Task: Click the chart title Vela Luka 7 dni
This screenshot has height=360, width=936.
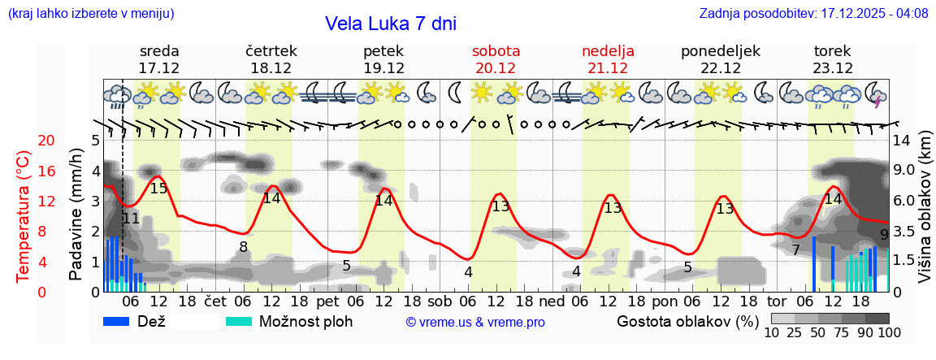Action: click(x=390, y=24)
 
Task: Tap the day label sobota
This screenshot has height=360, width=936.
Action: click(x=496, y=51)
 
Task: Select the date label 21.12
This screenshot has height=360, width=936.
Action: click(x=608, y=68)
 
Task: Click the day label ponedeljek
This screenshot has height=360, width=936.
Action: click(x=720, y=51)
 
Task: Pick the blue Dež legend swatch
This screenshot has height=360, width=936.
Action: click(x=122, y=321)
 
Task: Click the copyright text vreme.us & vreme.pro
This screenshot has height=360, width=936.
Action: click(x=474, y=323)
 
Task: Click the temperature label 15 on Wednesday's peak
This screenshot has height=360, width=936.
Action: click(x=158, y=189)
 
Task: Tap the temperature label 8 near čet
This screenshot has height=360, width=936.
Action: click(x=243, y=247)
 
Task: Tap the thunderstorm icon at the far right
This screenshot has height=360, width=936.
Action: click(x=876, y=94)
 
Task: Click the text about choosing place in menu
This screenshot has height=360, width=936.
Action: click(x=90, y=14)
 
